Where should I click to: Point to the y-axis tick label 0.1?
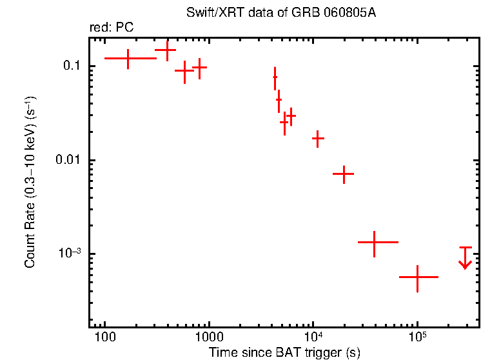pos(70,66)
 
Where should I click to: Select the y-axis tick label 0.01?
pos(66,160)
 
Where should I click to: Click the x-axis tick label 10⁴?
pos(313,337)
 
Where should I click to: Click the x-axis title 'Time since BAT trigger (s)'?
pos(284,352)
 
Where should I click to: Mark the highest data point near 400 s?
pos(166,50)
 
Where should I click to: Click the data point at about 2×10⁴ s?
pos(344,174)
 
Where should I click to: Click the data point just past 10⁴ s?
pos(317,139)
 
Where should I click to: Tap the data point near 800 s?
pos(200,67)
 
